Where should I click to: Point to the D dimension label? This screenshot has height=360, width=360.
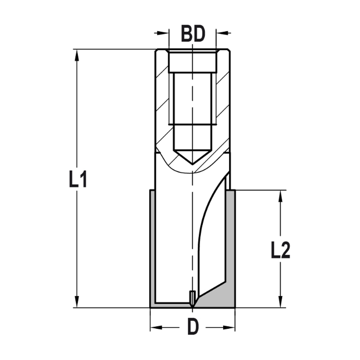pyautogui.click(x=193, y=327)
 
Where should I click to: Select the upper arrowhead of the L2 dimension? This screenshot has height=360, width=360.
pyautogui.click(x=280, y=195)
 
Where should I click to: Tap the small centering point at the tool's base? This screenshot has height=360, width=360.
pyautogui.click(x=193, y=299)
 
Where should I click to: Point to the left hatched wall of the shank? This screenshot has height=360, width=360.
pyautogui.click(x=162, y=108)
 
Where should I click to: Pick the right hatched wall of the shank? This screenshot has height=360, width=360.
pyautogui.click(x=223, y=108)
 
